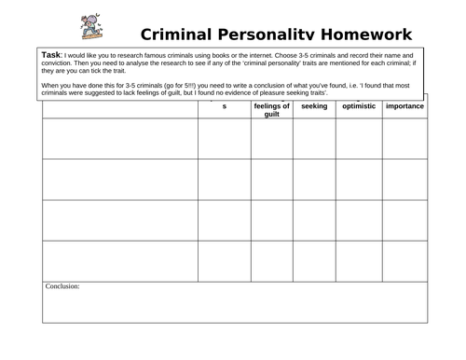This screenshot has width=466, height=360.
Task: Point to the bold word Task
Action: (x=52, y=55)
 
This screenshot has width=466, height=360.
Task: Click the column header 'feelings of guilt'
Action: (x=272, y=110)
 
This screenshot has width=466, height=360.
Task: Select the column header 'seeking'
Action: (x=315, y=106)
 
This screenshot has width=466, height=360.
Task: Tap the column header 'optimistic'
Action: (x=359, y=106)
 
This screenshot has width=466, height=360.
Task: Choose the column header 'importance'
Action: (x=404, y=106)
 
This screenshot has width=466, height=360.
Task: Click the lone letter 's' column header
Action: (x=225, y=107)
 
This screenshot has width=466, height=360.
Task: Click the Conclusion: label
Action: (x=62, y=286)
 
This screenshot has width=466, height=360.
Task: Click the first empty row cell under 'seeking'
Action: (x=315, y=138)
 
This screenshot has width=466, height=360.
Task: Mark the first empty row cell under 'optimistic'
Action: (x=359, y=138)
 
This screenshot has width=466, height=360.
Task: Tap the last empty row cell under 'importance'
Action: (x=404, y=260)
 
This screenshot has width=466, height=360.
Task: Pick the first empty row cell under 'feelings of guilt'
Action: (x=272, y=138)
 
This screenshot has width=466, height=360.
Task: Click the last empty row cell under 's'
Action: (x=225, y=260)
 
